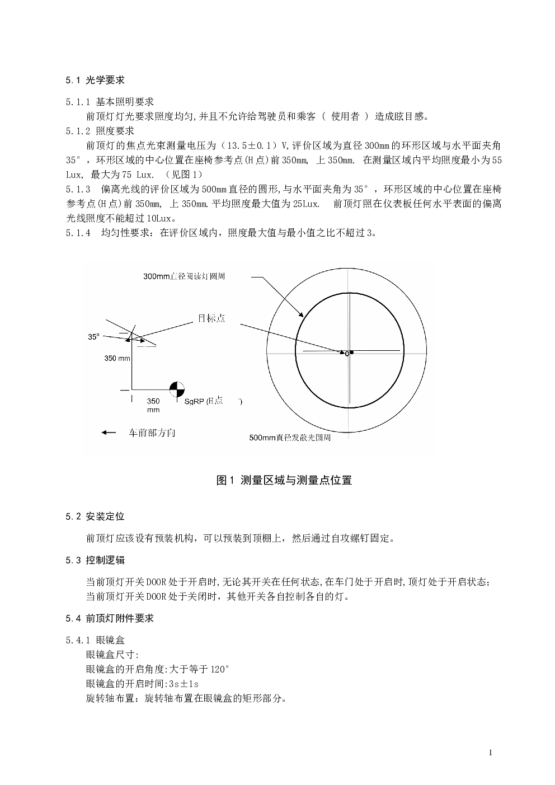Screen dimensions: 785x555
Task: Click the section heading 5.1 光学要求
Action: (x=95, y=81)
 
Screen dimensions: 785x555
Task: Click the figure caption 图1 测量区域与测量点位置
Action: (x=284, y=480)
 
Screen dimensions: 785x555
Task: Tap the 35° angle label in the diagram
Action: (x=93, y=337)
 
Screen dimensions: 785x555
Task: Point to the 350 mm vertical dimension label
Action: (x=117, y=358)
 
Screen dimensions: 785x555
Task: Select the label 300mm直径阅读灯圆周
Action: (x=184, y=276)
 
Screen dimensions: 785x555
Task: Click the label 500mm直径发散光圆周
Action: (x=289, y=438)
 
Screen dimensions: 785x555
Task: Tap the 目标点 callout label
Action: (x=211, y=317)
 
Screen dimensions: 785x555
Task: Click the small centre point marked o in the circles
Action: (x=347, y=354)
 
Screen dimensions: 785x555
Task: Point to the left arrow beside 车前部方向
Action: (x=109, y=433)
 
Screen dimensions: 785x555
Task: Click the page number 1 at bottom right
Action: (x=490, y=753)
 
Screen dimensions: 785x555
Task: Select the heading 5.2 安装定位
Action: (x=95, y=516)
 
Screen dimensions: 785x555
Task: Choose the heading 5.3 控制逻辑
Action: (x=95, y=560)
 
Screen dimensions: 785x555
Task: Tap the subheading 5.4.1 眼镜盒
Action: (x=95, y=640)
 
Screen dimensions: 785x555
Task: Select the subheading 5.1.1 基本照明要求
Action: (x=109, y=102)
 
